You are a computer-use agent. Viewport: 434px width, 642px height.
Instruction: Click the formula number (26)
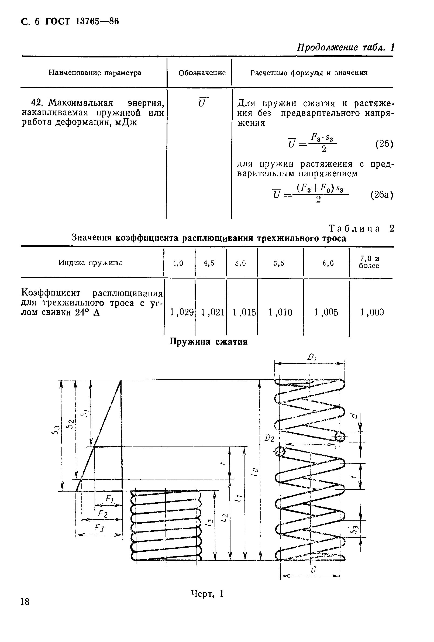coord(384,144)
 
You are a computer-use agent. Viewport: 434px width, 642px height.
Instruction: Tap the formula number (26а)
coord(381,195)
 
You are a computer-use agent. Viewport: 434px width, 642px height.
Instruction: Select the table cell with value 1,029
coord(181,312)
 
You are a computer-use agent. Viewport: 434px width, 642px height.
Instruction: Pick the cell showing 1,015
coord(244,312)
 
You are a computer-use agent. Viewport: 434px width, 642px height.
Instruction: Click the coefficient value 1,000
coord(371,312)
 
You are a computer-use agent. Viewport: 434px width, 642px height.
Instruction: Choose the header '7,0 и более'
coord(369,262)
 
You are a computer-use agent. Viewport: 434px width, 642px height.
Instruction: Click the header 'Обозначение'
coord(202,73)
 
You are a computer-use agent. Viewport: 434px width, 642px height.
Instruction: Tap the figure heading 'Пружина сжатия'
coord(209,342)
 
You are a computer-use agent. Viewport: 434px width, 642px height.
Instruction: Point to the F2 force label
coord(103,514)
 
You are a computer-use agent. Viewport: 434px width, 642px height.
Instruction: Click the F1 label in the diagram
coord(110,499)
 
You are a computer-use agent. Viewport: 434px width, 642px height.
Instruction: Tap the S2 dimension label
coord(71,424)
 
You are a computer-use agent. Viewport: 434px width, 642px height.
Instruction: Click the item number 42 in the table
coord(36,103)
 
